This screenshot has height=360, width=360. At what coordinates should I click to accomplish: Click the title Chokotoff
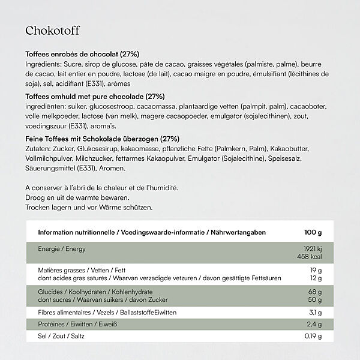tap(52, 31)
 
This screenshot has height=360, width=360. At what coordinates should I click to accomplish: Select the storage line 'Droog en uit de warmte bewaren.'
tap(77, 197)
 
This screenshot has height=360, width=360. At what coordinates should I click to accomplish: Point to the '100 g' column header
tap(313, 232)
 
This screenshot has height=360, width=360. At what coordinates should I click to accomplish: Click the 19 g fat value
tap(316, 271)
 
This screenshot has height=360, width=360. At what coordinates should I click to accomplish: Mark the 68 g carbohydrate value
tap(315, 292)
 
